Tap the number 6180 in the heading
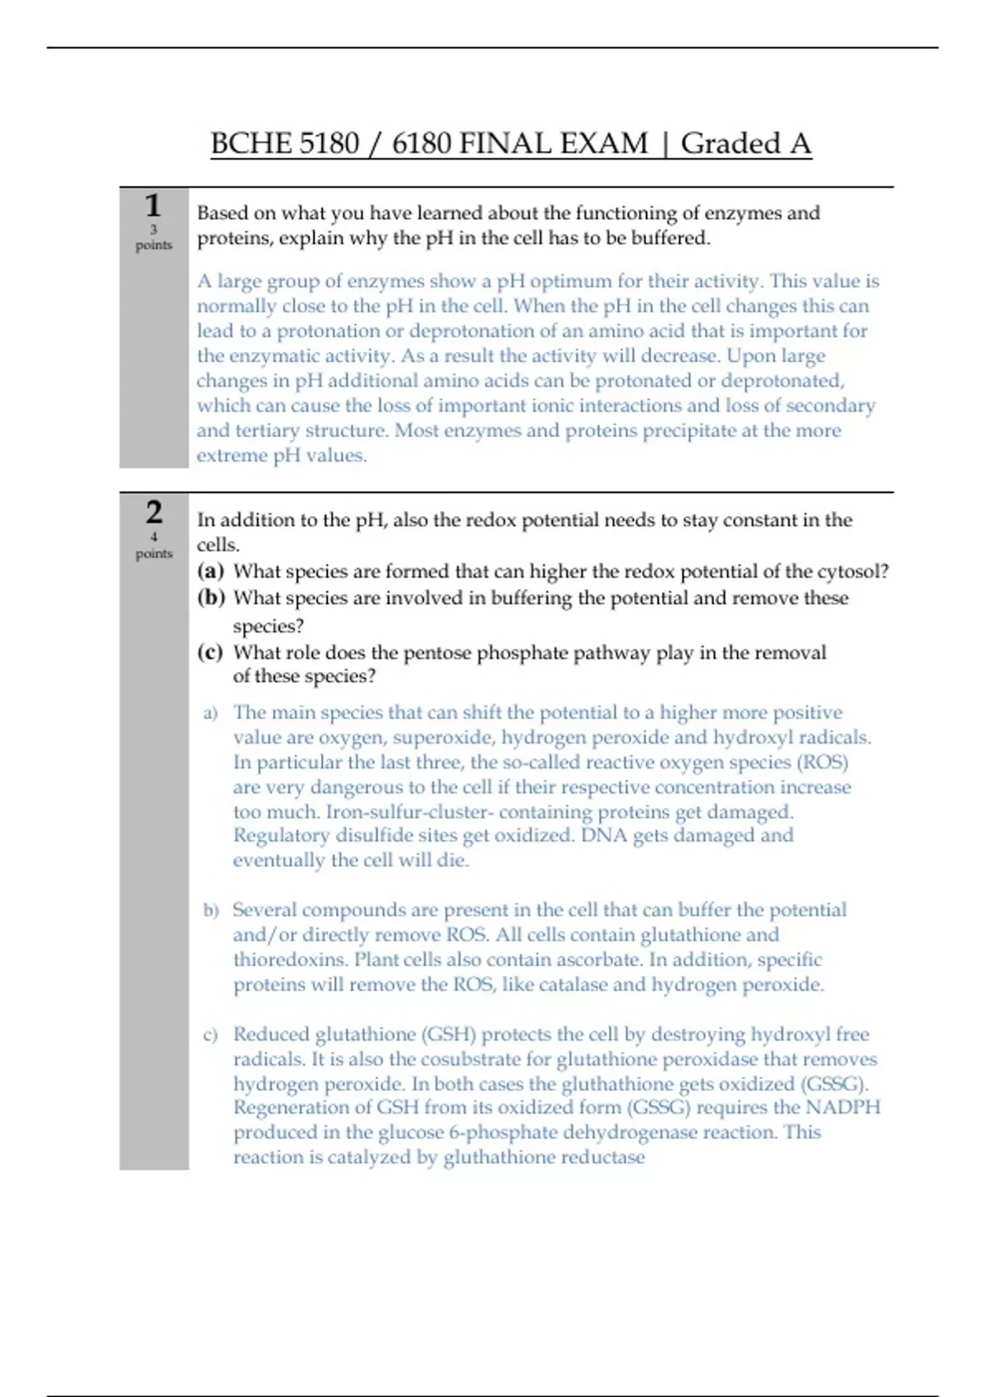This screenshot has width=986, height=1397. (422, 144)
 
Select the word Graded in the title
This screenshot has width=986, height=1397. (730, 144)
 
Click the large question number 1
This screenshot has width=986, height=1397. (153, 205)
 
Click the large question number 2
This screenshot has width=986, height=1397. (154, 512)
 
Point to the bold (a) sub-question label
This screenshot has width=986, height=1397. (210, 571)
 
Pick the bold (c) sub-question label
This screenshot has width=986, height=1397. (210, 652)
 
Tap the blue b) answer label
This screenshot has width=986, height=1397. (211, 911)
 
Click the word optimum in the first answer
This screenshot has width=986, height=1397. (568, 281)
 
